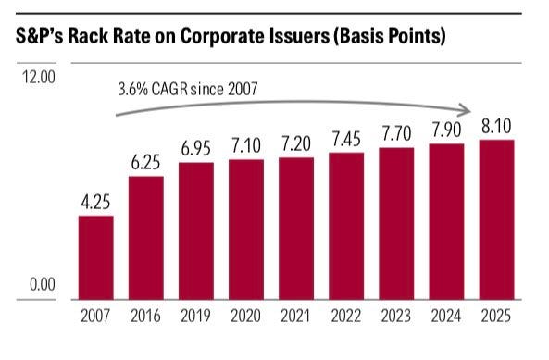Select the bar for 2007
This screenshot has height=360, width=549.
[x=96, y=257]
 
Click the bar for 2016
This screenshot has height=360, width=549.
[x=146, y=238]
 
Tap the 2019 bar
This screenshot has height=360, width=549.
[x=196, y=231]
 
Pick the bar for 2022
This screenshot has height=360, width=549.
[x=346, y=226]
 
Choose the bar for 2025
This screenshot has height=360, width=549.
[x=497, y=219]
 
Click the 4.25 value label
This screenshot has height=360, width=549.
[x=95, y=203]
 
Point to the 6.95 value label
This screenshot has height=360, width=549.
[x=196, y=148]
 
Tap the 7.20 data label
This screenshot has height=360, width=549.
[x=296, y=143]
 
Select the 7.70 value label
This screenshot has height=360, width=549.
[x=396, y=134]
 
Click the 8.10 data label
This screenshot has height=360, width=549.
[x=496, y=126]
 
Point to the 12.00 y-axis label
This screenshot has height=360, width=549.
[x=39, y=77]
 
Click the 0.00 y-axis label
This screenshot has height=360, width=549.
[x=43, y=284]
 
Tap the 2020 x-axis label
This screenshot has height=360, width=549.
[x=245, y=316]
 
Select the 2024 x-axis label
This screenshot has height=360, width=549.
[x=446, y=316]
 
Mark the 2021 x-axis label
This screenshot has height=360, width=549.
[x=295, y=316]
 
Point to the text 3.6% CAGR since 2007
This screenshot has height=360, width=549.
[x=188, y=89]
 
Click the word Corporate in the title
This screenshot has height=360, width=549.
[x=219, y=36]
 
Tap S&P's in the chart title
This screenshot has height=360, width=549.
[x=40, y=36]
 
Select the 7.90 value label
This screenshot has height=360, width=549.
[x=446, y=130]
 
